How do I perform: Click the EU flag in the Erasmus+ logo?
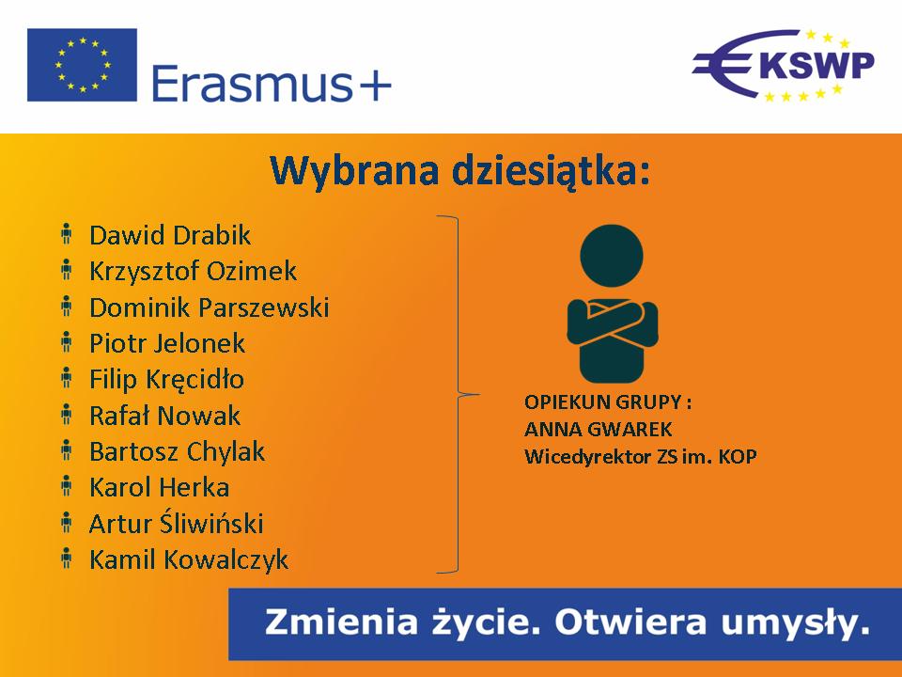tap(83, 65)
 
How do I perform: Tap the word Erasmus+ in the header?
tap(272, 84)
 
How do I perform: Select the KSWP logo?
tap(784, 65)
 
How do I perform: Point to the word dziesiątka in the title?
tap(552, 171)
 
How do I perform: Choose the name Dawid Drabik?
tap(170, 235)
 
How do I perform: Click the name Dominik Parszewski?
tap(210, 307)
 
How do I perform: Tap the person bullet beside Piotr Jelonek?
tap(67, 342)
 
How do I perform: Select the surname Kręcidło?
tap(195, 380)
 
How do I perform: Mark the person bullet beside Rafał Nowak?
tap(67, 414)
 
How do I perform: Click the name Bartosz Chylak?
tap(178, 452)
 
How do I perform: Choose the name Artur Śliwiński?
tap(176, 523)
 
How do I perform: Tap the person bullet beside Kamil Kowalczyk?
tap(67, 558)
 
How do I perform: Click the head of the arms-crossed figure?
tap(612, 256)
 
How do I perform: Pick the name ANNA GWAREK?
tap(599, 429)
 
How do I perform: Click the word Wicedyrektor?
tap(589, 457)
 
